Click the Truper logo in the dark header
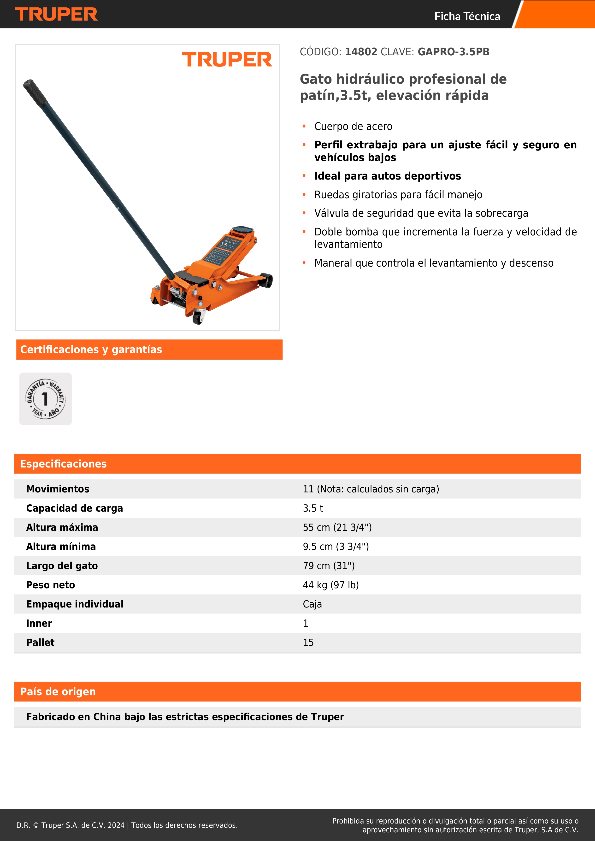coord(56,14)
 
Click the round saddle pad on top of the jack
coord(242,229)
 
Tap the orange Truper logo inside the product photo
coord(227,60)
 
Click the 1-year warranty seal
coord(45,399)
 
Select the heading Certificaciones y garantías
coord(91,350)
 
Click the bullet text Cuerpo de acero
coord(353,126)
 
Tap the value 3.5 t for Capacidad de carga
coord(313,508)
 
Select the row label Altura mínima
coord(61,547)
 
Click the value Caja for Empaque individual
coord(312,604)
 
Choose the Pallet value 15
coord(308,642)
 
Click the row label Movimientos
coord(58,489)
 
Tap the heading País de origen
coord(58,692)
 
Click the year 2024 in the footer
coord(116,825)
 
